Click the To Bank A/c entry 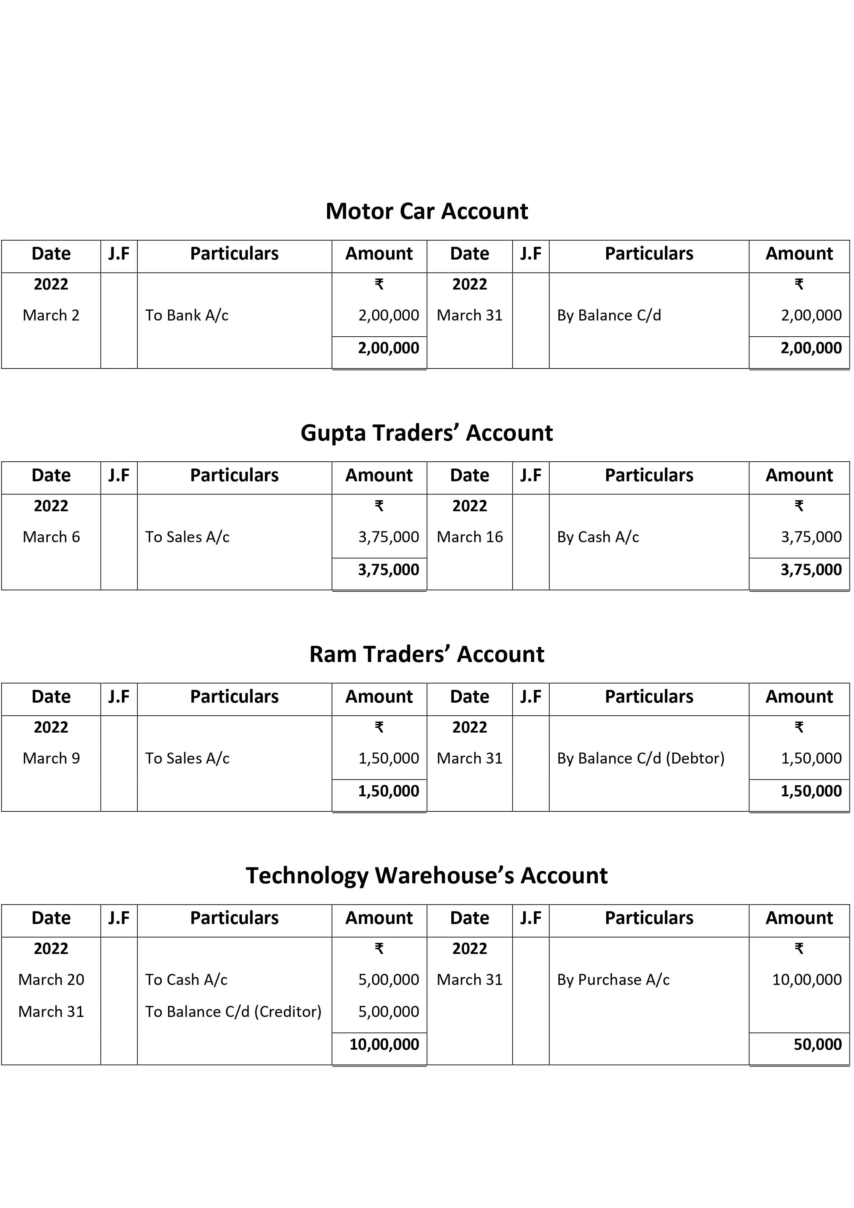click(187, 315)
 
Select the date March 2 click(51, 315)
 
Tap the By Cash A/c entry click(598, 537)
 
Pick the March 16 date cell click(470, 537)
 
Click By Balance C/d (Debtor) click(640, 758)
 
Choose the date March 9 click(51, 758)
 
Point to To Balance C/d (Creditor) click(233, 1011)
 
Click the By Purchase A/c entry click(613, 980)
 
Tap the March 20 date click(51, 980)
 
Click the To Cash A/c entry click(186, 980)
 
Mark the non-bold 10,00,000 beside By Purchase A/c click(806, 980)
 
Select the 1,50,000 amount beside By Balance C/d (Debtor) click(811, 758)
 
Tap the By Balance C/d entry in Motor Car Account click(609, 315)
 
